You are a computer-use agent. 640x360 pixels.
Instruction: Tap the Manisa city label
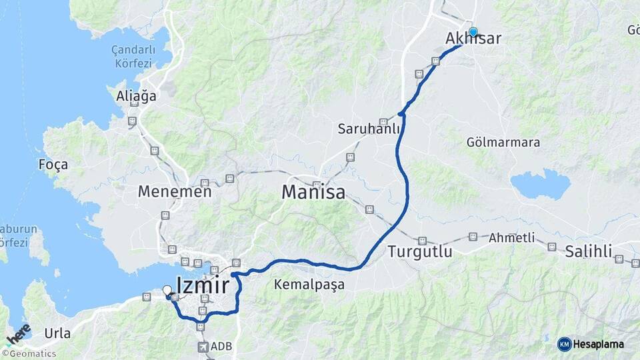click(313, 193)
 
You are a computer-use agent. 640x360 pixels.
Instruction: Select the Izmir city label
click(203, 285)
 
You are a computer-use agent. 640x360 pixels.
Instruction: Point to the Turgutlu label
click(420, 252)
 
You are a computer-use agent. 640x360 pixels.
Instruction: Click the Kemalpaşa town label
click(309, 285)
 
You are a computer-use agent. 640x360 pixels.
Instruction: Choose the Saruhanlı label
click(369, 128)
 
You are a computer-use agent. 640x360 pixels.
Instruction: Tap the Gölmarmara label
click(503, 143)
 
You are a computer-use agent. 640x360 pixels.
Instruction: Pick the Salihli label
click(588, 251)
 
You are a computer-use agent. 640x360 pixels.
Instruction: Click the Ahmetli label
click(512, 237)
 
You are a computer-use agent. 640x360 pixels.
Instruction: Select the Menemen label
click(175, 192)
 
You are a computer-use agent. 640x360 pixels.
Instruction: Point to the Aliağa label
click(136, 96)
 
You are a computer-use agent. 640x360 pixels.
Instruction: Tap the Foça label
click(53, 165)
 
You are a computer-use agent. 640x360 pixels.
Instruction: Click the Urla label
click(57, 333)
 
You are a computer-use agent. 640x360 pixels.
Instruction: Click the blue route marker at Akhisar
click(473, 32)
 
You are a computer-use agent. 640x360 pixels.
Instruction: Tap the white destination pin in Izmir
click(167, 291)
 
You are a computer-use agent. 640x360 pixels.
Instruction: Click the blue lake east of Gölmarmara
click(541, 184)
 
